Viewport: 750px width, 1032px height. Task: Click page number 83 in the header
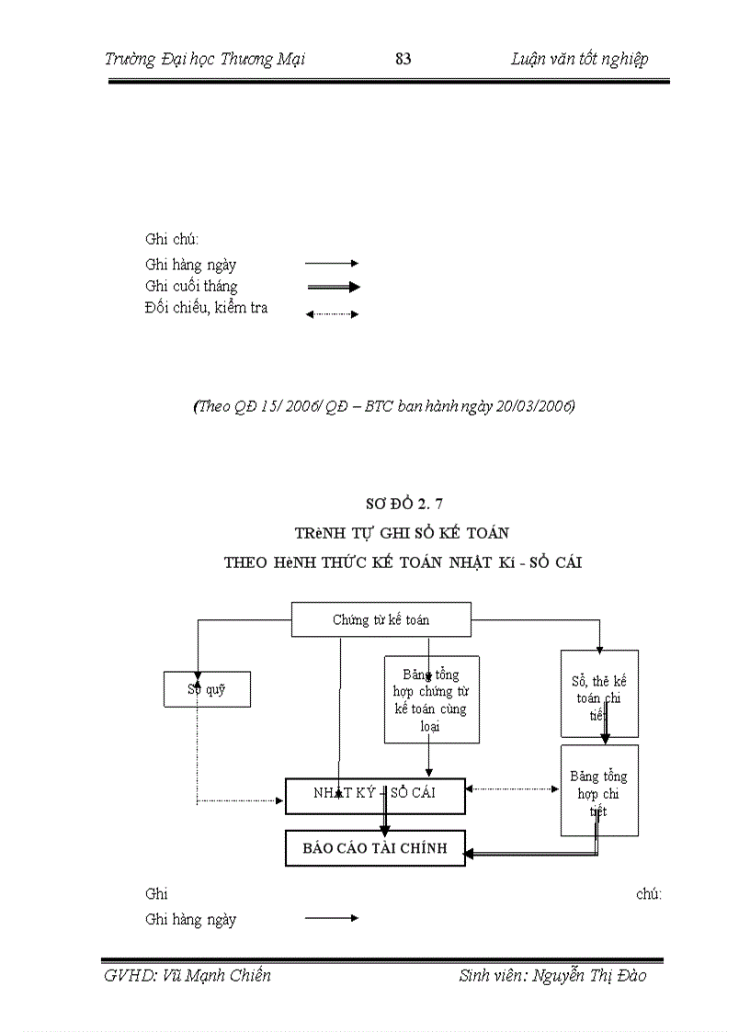coord(403,60)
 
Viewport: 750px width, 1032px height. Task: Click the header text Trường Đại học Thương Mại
coord(205,60)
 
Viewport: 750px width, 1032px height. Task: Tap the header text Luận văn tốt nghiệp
coord(579,60)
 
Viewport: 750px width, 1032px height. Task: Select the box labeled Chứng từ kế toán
coord(381,619)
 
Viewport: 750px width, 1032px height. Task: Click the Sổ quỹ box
coord(207,690)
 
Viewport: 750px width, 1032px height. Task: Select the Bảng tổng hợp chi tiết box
coord(599,790)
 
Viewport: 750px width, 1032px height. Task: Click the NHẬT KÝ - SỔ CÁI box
coord(374,795)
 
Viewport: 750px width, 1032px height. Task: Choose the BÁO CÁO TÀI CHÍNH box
coord(374,848)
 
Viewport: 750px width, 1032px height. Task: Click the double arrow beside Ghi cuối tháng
coord(333,287)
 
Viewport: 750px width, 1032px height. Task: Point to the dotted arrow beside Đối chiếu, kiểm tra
coord(332,314)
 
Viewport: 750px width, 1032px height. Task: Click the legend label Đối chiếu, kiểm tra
coord(207,309)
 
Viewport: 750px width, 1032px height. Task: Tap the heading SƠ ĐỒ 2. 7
coord(404,503)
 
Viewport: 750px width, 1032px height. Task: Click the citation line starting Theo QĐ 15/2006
coord(384,406)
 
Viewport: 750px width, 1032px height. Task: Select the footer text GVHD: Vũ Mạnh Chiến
coord(187,976)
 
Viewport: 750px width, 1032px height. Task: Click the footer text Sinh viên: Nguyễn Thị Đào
coord(552,976)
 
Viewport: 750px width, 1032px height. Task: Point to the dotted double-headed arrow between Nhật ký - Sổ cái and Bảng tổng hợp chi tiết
coord(513,788)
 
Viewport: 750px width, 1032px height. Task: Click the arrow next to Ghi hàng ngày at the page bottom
coord(331,918)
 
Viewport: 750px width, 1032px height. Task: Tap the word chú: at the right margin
coord(649,893)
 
